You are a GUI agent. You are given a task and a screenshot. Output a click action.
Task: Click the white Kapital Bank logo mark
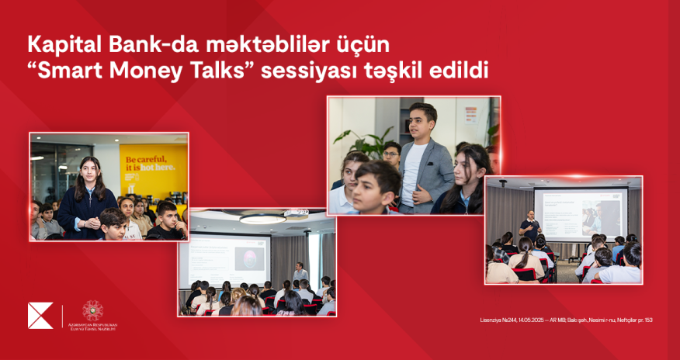(x=40, y=316)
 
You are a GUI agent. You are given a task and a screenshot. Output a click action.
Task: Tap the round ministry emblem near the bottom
(x=92, y=310)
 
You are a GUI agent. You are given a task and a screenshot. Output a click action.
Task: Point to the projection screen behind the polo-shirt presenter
(x=581, y=214)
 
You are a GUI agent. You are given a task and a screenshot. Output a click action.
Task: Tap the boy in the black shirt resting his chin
(x=165, y=221)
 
